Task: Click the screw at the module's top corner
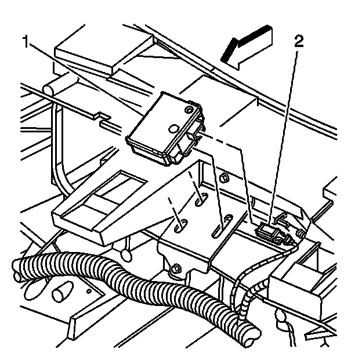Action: coord(187,109)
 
